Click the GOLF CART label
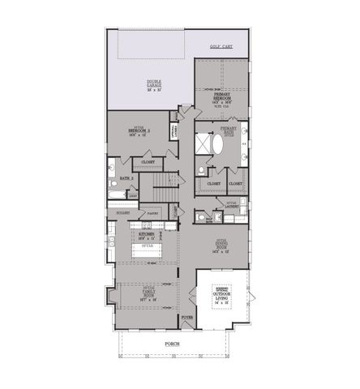click(x=221, y=48)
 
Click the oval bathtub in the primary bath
click(x=217, y=145)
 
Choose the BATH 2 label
click(x=126, y=176)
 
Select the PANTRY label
click(x=152, y=214)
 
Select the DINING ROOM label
click(x=221, y=245)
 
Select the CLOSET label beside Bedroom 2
click(x=148, y=161)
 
